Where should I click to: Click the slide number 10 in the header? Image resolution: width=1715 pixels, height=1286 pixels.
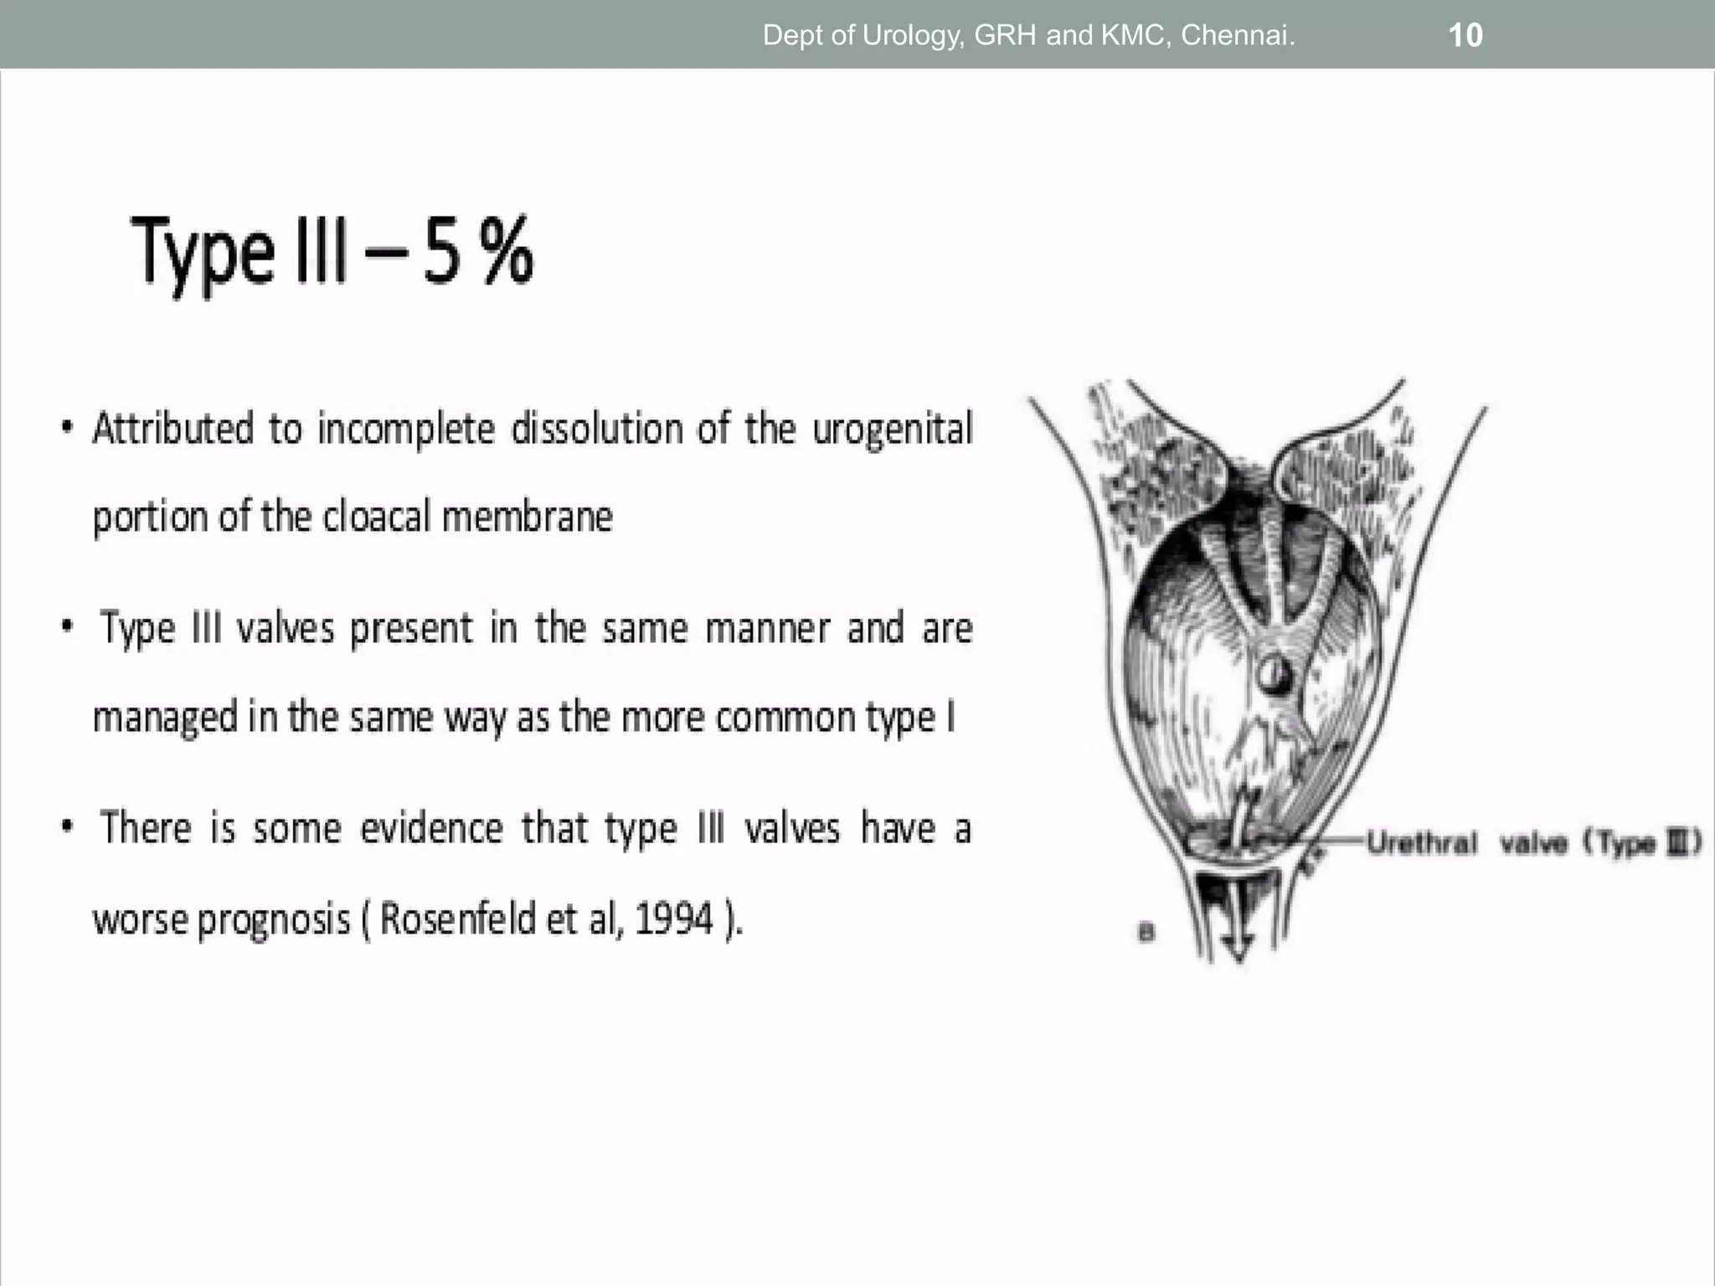[x=1465, y=35]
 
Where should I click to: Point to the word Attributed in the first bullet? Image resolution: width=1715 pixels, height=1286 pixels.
[x=173, y=429]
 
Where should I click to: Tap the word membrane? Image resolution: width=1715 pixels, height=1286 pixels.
[x=527, y=517]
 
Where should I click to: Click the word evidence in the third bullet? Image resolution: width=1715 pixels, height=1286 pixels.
[x=431, y=829]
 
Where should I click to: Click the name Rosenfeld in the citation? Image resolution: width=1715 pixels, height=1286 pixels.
[x=458, y=918]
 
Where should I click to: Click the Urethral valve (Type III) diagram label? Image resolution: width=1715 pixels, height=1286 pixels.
[x=1533, y=843]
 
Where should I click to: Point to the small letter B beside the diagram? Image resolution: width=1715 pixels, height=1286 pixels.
[x=1146, y=932]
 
